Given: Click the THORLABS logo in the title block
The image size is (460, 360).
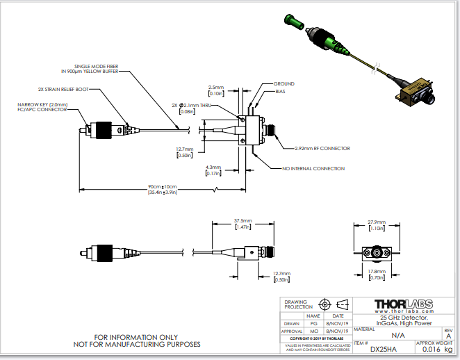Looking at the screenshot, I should click(x=403, y=305).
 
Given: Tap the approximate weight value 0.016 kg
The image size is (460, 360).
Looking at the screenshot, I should click(x=436, y=350).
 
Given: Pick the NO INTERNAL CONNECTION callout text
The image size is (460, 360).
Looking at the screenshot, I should click(x=313, y=169).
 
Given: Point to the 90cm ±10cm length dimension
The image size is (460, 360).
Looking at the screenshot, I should click(x=163, y=187).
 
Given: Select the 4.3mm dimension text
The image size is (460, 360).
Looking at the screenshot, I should click(x=213, y=167).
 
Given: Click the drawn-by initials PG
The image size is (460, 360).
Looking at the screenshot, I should click(x=313, y=322).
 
